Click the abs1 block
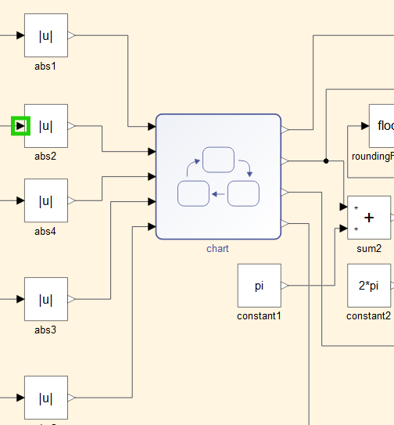tap(45, 35)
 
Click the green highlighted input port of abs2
tap(20, 125)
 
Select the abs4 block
tap(45, 200)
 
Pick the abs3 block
tap(45, 299)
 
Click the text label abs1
tap(45, 66)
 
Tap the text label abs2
tap(45, 156)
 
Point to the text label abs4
tap(45, 231)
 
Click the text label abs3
tap(45, 330)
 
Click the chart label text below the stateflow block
tap(217, 249)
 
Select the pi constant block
tap(259, 286)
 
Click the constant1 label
tap(259, 315)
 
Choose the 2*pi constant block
tap(369, 286)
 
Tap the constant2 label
tap(369, 315)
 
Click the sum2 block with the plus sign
tap(369, 218)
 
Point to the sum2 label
tap(369, 248)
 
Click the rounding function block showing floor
tap(381, 126)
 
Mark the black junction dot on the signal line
tap(325, 160)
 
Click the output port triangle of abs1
tap(72, 35)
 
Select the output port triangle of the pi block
tap(285, 286)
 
